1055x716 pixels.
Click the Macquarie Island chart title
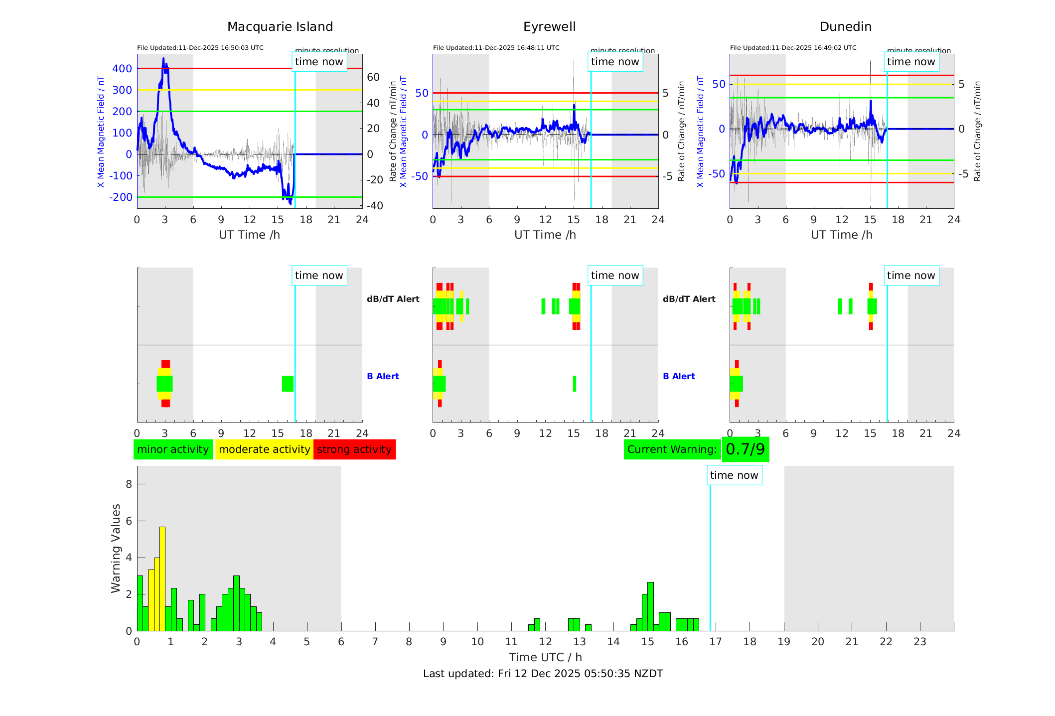[280, 27]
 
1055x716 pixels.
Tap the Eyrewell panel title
[549, 27]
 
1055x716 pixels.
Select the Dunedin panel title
[845, 27]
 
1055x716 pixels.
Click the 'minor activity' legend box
[173, 449]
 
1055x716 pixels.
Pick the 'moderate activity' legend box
[264, 449]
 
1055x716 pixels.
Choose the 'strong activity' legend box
[354, 449]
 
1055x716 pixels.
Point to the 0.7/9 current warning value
[745, 449]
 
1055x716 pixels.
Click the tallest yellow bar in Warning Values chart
[162, 578]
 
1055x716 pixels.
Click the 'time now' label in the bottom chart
[734, 475]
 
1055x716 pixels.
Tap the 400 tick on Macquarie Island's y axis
[122, 69]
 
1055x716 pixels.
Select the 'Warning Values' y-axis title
[116, 548]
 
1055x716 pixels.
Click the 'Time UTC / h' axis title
[545, 657]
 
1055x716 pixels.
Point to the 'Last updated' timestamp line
[543, 674]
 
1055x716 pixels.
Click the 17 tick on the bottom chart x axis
[716, 642]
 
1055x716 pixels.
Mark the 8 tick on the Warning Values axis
[129, 484]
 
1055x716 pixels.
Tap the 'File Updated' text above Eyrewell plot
[496, 48]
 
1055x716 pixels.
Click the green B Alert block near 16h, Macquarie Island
[288, 384]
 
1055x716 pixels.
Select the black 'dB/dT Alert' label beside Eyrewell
[393, 299]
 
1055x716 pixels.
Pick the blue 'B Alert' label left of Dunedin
[679, 376]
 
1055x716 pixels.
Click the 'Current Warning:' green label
[672, 449]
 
